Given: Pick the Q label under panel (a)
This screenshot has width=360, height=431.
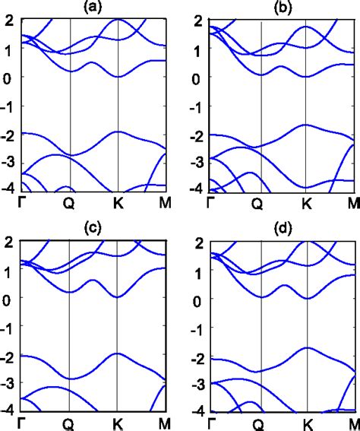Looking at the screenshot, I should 69,203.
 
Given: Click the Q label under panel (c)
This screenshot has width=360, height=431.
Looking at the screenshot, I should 69,423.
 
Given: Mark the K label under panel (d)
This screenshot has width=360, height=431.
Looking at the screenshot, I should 307,423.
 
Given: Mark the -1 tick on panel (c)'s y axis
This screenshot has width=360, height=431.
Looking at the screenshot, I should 8,328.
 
